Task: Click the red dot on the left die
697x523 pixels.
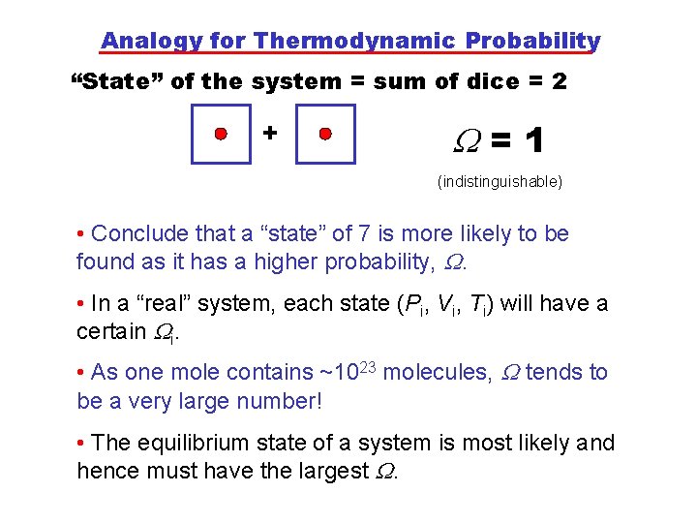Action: (221, 133)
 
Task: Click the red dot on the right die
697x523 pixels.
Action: (325, 133)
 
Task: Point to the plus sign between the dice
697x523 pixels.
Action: (270, 131)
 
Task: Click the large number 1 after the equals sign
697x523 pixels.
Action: (532, 143)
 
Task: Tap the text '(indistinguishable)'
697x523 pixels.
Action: (500, 181)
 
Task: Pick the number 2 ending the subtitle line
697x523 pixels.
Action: (559, 82)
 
